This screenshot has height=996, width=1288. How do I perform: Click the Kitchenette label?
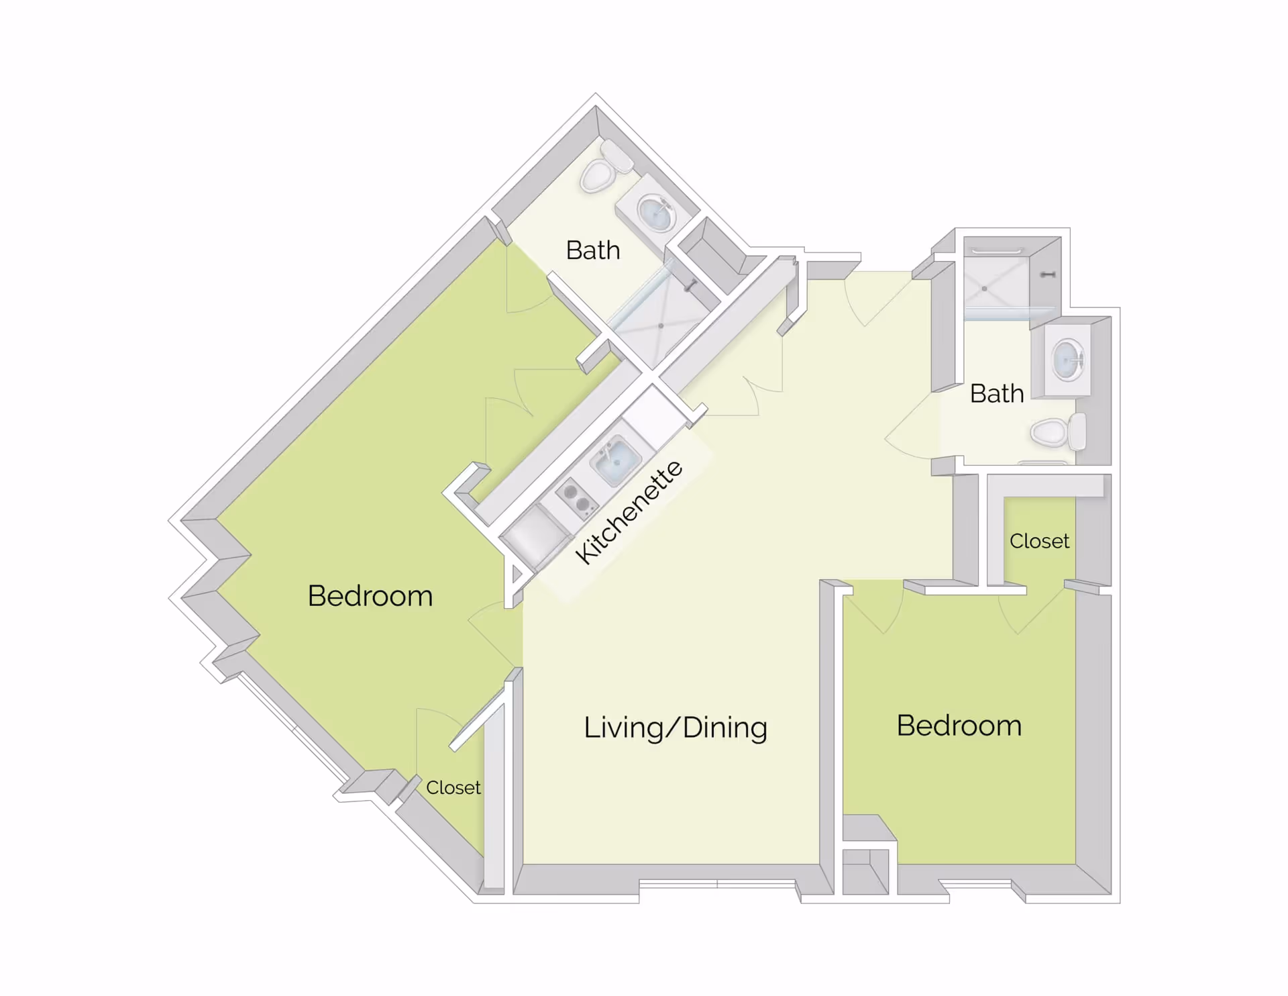[629, 513]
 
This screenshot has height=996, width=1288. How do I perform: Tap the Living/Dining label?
[675, 728]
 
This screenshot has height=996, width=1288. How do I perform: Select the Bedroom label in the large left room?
[370, 596]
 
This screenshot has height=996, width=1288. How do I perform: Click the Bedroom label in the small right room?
[959, 726]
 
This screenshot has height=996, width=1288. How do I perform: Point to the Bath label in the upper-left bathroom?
[592, 250]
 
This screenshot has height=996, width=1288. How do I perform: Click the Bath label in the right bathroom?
[996, 393]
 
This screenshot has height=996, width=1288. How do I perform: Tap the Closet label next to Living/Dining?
[453, 787]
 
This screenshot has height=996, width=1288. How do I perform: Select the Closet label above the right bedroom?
[1038, 541]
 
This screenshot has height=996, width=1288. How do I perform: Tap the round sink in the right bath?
[1067, 360]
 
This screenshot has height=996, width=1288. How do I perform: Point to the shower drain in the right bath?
[983, 289]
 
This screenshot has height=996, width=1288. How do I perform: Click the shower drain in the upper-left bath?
[661, 326]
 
